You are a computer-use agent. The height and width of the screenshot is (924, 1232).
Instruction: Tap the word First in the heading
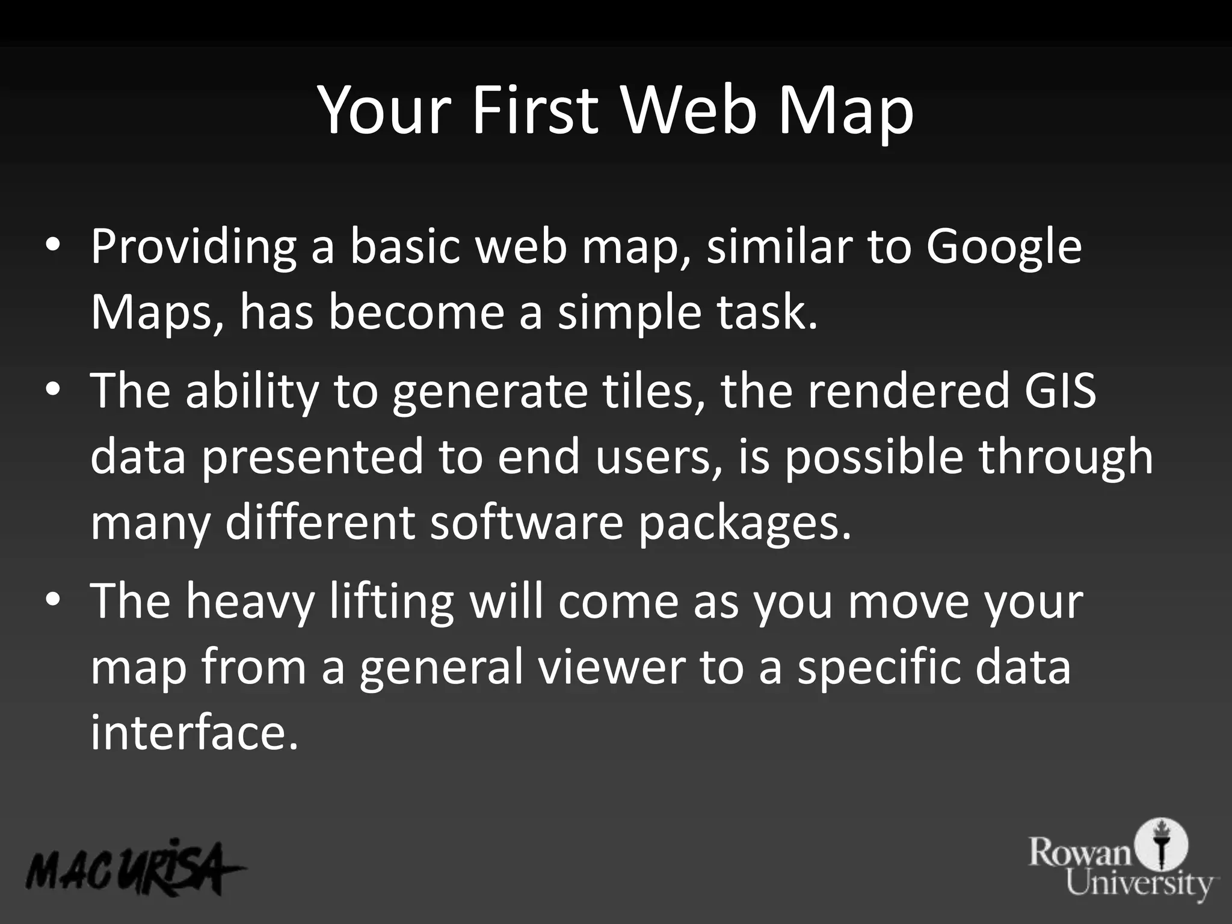coord(535,110)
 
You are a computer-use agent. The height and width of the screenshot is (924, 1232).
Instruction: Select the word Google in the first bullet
coord(1003,248)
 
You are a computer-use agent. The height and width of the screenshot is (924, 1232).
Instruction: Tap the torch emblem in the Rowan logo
coord(1164,843)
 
